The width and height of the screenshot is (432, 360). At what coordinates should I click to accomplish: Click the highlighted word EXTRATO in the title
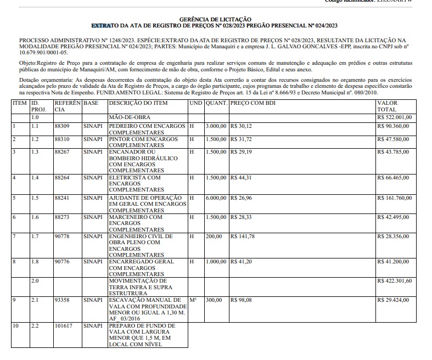click(102, 26)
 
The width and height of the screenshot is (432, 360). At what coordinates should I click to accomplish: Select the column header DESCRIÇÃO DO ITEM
click(138, 103)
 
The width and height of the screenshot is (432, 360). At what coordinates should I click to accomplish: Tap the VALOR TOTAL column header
click(388, 106)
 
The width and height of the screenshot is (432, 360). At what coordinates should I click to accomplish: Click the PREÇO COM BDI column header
click(253, 103)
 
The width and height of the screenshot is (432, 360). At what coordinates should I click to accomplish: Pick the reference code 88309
click(63, 126)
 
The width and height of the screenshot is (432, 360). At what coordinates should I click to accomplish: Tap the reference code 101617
click(64, 325)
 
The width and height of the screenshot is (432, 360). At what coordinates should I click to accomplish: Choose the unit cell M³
click(193, 300)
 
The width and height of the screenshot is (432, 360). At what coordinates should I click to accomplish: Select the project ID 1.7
click(35, 237)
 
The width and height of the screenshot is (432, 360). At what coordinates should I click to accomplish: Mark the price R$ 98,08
click(242, 300)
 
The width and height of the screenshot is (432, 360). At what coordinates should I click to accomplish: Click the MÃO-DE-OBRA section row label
click(130, 117)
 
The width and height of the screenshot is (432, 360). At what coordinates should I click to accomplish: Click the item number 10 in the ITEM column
click(16, 325)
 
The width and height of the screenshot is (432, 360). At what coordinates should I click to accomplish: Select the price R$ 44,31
click(242, 178)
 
